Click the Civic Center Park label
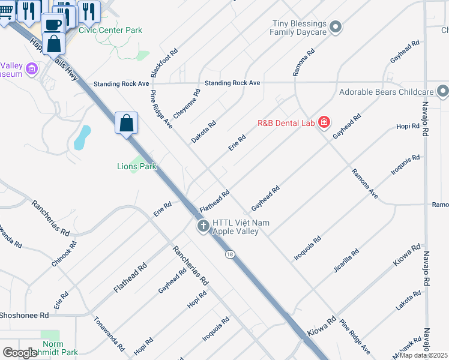[110, 30]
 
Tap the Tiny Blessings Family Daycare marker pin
[336, 26]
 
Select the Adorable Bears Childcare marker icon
[442, 92]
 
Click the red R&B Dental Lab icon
[324, 123]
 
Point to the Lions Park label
[136, 166]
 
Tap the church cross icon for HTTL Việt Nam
[203, 226]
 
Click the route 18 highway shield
[230, 255]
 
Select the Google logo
[20, 353]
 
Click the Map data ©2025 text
[423, 355]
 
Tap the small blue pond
[82, 137]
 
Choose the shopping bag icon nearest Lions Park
[127, 124]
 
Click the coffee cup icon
[53, 24]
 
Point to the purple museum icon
[32, 70]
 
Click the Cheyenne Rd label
[187, 104]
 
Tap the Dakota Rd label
[203, 131]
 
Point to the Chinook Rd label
[65, 253]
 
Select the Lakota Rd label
[409, 304]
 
